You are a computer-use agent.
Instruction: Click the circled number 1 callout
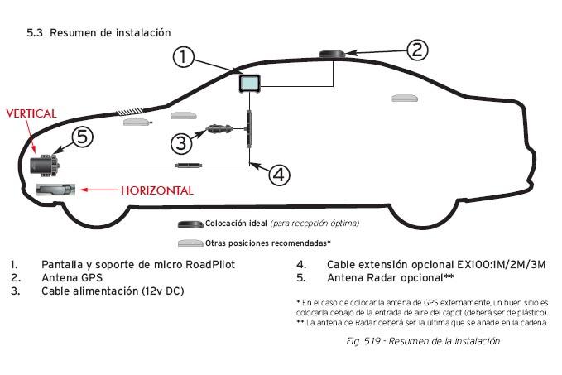pyautogui.click(x=186, y=57)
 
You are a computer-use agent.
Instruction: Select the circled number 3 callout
pyautogui.click(x=183, y=142)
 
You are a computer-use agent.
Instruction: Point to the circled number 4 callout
pyautogui.click(x=280, y=174)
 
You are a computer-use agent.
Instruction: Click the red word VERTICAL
pyautogui.click(x=31, y=113)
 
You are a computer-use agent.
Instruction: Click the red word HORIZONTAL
pyautogui.click(x=157, y=190)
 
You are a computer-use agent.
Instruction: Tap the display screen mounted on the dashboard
pyautogui.click(x=251, y=83)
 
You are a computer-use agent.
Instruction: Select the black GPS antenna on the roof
pyautogui.click(x=334, y=55)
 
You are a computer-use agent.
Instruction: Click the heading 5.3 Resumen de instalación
pyautogui.click(x=98, y=32)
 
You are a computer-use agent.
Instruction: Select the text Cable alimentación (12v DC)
pyautogui.click(x=113, y=291)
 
